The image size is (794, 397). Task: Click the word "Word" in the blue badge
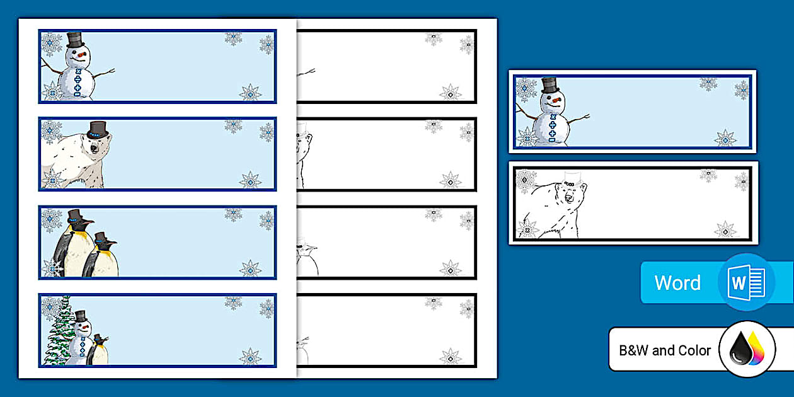pos(677,283)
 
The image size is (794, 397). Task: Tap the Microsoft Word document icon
pos(746,282)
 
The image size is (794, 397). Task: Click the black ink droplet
pos(740,349)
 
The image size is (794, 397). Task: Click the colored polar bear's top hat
pos(97,130)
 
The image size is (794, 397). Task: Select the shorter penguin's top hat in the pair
pos(101,238)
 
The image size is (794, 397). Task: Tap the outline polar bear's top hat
pos(572,179)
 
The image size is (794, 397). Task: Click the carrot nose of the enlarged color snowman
pos(556,100)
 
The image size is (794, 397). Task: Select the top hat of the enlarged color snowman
pos(550,86)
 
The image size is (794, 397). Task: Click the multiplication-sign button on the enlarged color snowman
pos(552,117)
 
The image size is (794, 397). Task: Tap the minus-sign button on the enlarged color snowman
pos(552,141)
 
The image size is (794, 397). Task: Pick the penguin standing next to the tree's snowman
pos(98,350)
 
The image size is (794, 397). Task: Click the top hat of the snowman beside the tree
pos(81,316)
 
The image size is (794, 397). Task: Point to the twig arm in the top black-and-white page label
pos(306,72)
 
